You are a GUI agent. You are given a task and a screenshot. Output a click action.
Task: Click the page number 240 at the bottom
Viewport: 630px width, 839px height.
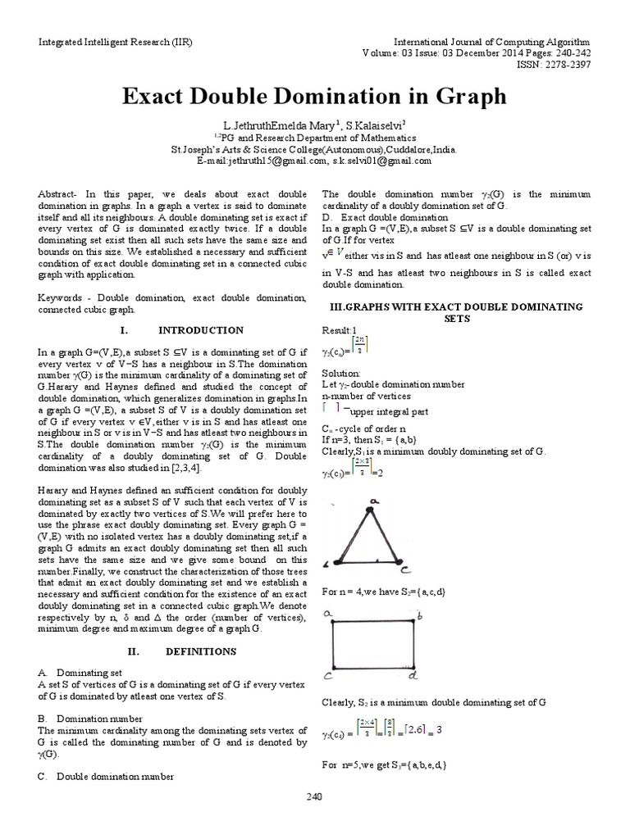click(315, 796)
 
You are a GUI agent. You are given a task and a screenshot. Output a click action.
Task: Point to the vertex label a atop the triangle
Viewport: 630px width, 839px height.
click(375, 501)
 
